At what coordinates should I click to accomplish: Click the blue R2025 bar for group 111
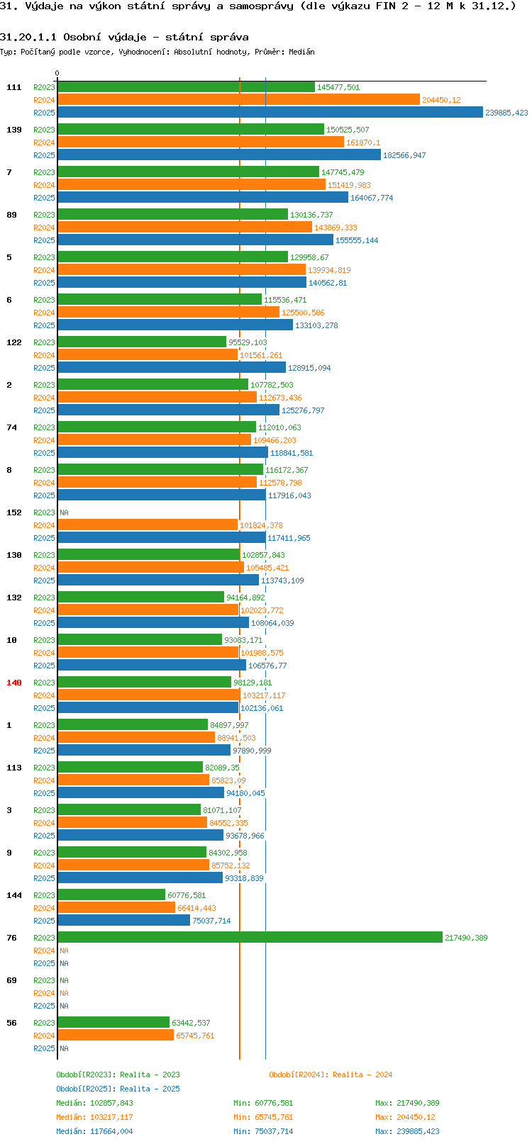click(x=270, y=113)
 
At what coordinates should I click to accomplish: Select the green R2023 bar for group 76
click(x=250, y=938)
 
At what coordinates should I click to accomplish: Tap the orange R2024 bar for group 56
click(x=116, y=1036)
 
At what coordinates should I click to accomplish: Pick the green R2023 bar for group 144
click(x=111, y=895)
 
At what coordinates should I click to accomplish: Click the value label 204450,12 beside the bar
click(x=441, y=100)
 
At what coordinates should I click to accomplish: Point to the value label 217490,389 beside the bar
click(x=466, y=938)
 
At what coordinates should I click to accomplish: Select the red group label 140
click(x=14, y=683)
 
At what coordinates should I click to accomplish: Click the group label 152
click(x=14, y=512)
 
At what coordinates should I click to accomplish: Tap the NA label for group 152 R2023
click(x=64, y=512)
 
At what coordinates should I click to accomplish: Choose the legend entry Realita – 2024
click(x=331, y=1075)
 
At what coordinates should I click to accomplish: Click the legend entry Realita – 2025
click(x=118, y=1089)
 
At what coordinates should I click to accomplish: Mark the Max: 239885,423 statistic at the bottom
click(x=407, y=1131)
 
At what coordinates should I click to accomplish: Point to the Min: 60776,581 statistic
click(x=263, y=1103)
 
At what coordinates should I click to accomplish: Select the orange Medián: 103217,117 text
click(x=94, y=1117)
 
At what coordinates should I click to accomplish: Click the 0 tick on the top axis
click(x=57, y=73)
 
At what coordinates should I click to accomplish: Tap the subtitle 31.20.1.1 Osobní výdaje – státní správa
click(x=124, y=37)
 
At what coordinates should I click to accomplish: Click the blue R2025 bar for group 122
click(x=172, y=368)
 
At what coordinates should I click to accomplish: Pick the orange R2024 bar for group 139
click(x=201, y=142)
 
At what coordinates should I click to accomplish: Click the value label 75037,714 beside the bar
click(x=211, y=921)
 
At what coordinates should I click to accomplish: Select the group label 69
click(x=12, y=980)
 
